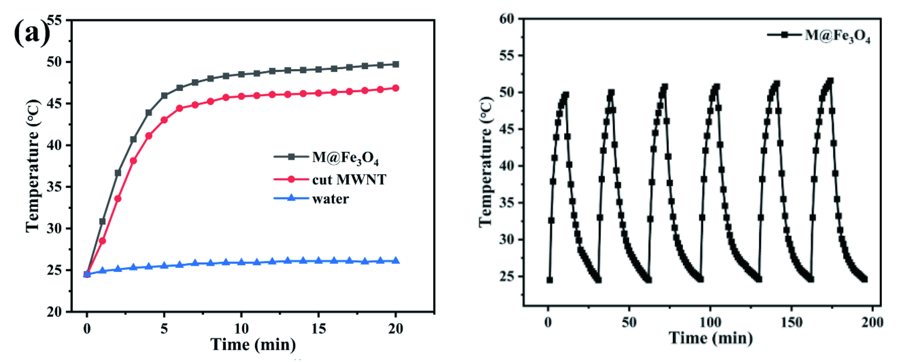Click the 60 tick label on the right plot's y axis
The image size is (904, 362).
tap(507, 18)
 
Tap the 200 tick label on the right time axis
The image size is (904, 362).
tap(872, 322)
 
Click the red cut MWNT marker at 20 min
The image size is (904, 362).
tap(395, 88)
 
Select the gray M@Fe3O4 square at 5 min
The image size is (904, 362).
tap(164, 96)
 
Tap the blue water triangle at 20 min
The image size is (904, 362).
tap(395, 260)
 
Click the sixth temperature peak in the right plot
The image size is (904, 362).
tap(830, 81)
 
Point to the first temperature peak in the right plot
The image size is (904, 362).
tap(565, 95)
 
